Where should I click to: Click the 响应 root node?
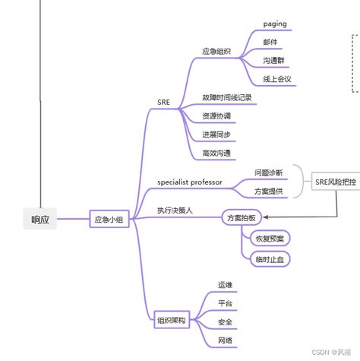pyautogui.click(x=39, y=219)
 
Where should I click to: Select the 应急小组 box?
pyautogui.click(x=108, y=219)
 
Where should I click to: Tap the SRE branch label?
pyautogui.click(x=165, y=100)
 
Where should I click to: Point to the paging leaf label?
pyautogui.click(x=274, y=24)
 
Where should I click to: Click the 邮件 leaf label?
pyautogui.click(x=270, y=42)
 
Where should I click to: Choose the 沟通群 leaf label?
pyautogui.click(x=274, y=60)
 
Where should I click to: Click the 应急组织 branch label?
pyautogui.click(x=216, y=51)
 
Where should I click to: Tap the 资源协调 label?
pyautogui.click(x=216, y=116)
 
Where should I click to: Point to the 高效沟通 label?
pyautogui.click(x=216, y=154)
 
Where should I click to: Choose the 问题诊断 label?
pyautogui.click(x=268, y=173)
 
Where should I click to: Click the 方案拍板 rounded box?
pyautogui.click(x=242, y=217)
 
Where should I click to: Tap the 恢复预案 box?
pyautogui.click(x=270, y=239)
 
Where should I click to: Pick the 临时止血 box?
pyautogui.click(x=270, y=259)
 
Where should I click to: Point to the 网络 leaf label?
pyautogui.click(x=226, y=340)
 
